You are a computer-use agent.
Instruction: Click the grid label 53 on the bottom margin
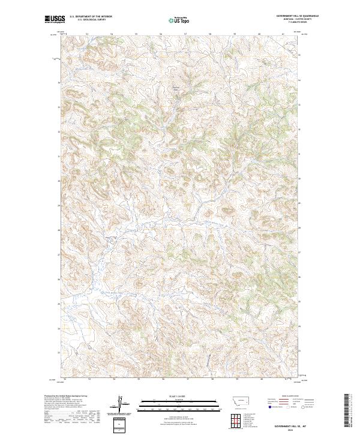(x=89, y=379)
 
